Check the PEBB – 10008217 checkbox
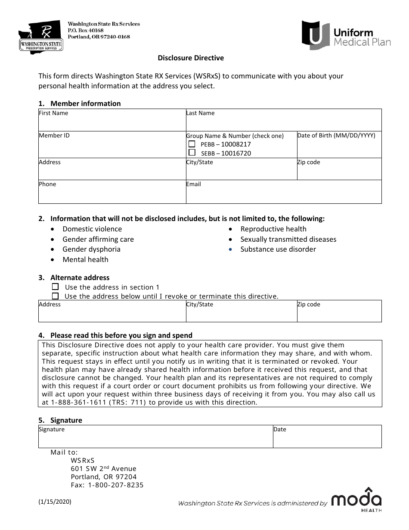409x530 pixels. click(x=192, y=144)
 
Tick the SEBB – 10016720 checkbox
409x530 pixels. click(x=192, y=153)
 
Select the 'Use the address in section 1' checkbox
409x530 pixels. click(x=55, y=287)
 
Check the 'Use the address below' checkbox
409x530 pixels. click(x=55, y=296)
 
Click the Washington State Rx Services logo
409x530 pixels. click(x=40, y=37)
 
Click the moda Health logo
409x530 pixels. click(x=356, y=500)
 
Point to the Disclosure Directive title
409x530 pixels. click(x=191, y=58)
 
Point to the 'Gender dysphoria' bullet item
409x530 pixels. click(x=91, y=249)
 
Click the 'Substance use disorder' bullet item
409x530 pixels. click(x=278, y=249)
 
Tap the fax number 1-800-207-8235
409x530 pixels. click(x=116, y=485)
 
